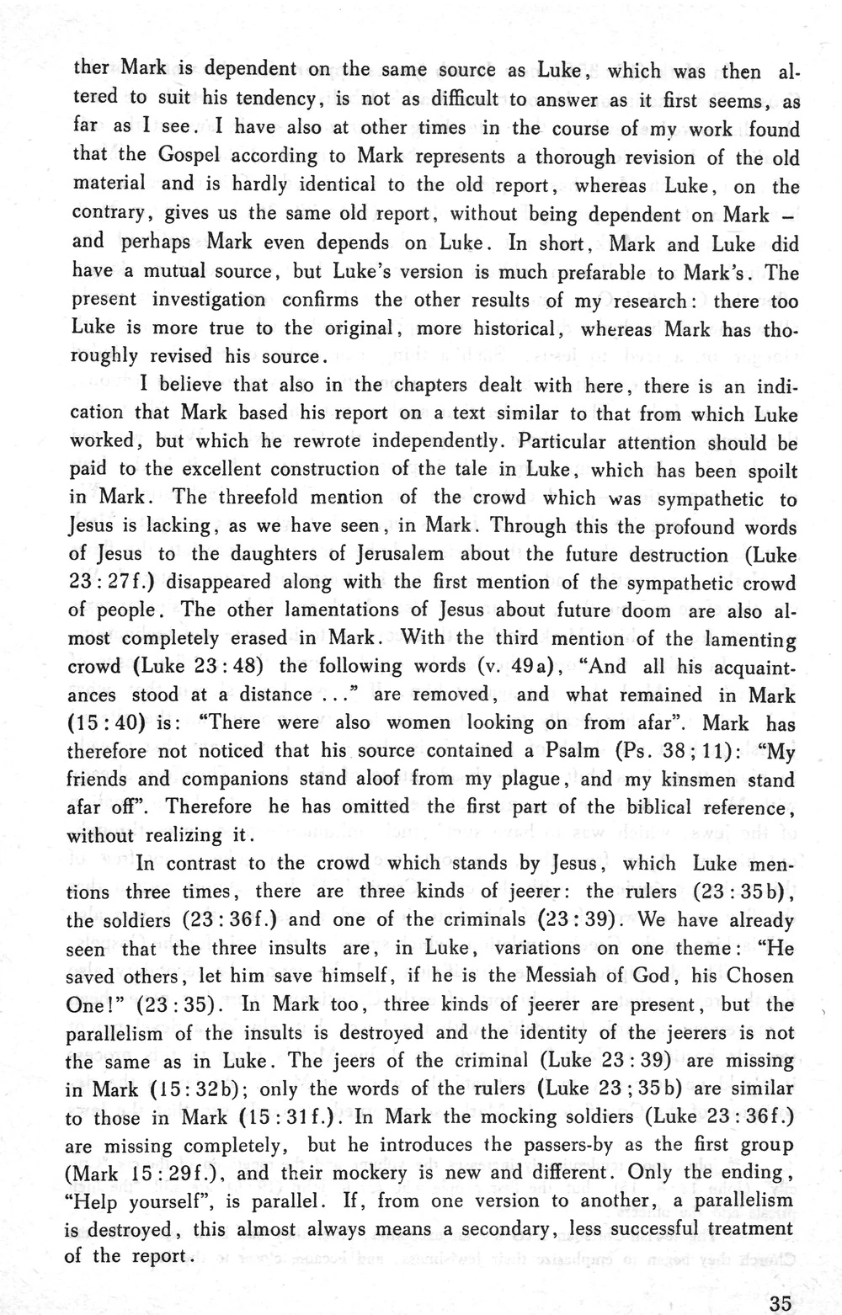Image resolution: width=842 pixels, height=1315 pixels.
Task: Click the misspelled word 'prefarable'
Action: click(x=615, y=272)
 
